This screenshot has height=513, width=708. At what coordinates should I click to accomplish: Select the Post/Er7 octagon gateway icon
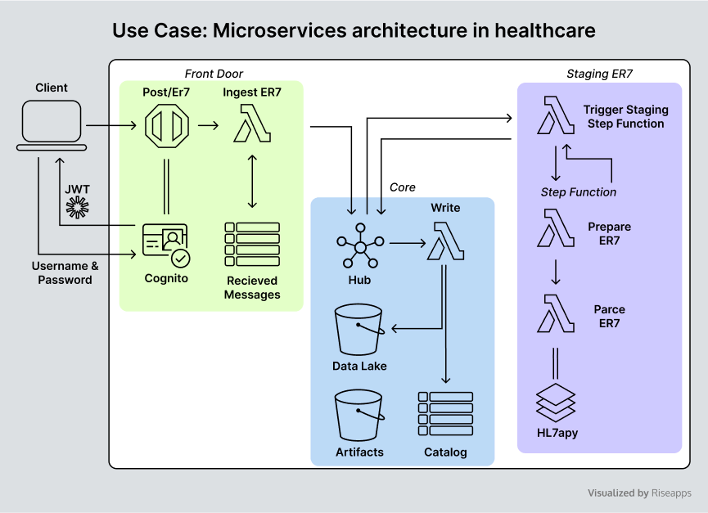coord(167,126)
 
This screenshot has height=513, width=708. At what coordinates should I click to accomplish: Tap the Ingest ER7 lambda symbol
coord(252,124)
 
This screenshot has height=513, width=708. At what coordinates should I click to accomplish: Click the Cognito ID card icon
coord(166,245)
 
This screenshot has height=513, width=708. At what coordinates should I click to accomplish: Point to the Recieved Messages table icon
coord(252,244)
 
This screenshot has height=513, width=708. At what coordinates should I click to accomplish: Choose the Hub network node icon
coord(360,246)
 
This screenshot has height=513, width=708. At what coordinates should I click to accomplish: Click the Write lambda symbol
coord(445,241)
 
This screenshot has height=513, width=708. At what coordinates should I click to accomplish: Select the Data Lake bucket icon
coord(359,330)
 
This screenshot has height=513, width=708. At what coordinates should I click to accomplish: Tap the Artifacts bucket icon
coord(359,416)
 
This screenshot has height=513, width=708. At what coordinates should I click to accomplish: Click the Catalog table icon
coord(445,414)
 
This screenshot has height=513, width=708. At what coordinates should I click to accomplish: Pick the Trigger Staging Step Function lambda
coord(556,115)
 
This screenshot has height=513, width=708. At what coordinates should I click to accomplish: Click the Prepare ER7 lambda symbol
coord(556,227)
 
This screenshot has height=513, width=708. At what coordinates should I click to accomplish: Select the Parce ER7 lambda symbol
coord(556,313)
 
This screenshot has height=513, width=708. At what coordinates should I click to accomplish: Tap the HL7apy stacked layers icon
coord(556,403)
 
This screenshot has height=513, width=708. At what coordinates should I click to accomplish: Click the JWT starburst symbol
coord(77,208)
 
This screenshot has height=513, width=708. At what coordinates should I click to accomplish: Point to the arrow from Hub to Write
coord(408,244)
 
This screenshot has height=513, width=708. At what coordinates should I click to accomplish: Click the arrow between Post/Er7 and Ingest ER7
coord(208,125)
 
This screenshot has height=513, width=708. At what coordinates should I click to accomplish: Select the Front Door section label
coord(214,74)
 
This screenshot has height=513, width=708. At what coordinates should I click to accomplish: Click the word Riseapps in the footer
coord(671,493)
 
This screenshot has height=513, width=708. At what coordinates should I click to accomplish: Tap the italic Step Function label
coord(579,192)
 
